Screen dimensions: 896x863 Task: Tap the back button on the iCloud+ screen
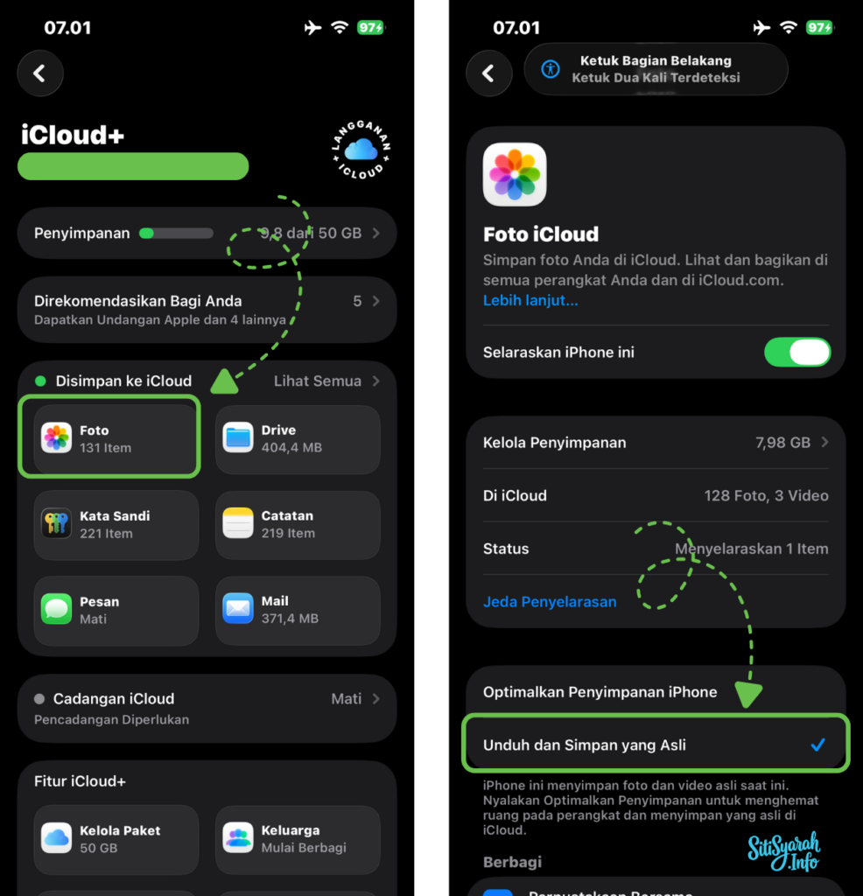coord(39,73)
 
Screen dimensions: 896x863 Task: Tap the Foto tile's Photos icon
coord(57,437)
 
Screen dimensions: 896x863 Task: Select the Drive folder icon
coord(238,437)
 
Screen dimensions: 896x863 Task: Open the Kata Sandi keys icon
coord(57,523)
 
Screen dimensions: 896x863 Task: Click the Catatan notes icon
coord(238,523)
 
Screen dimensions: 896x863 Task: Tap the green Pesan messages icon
coord(57,609)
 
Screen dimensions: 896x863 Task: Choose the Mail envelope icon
coord(238,609)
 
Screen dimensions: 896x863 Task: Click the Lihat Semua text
coord(317,381)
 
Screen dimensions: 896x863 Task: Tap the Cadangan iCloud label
coord(113,699)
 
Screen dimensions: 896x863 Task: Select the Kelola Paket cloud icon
coord(57,838)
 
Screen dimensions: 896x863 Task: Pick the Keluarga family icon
coord(238,838)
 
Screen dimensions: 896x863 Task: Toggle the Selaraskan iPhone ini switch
coord(797,353)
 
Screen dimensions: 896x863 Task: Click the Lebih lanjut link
coord(530,300)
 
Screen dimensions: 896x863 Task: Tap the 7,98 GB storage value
coord(782,443)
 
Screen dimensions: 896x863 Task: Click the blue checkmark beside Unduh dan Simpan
coord(817,745)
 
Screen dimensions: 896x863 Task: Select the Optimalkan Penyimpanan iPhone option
coord(600,692)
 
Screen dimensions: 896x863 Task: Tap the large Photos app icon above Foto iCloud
coord(515,174)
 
